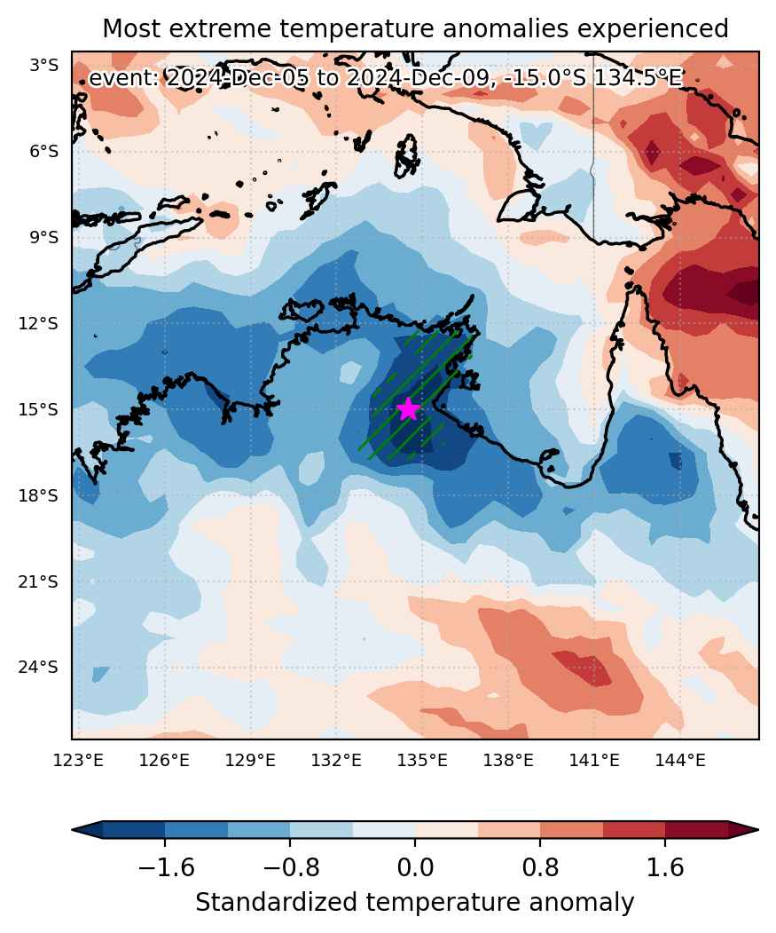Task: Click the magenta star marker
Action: click(x=408, y=409)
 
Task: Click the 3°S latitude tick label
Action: click(x=44, y=66)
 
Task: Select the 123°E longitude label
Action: click(x=79, y=760)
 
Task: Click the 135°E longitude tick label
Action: click(x=422, y=760)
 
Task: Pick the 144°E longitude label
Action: click(x=680, y=760)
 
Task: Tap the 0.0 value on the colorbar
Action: click(x=415, y=867)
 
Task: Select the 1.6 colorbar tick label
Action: click(x=665, y=867)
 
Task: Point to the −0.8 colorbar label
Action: click(x=291, y=867)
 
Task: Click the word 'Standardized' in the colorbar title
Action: click(x=277, y=903)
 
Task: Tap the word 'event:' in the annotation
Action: click(x=123, y=78)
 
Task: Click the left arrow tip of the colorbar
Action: click(x=73, y=829)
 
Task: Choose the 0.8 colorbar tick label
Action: click(x=540, y=867)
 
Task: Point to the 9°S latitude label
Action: click(x=44, y=238)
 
